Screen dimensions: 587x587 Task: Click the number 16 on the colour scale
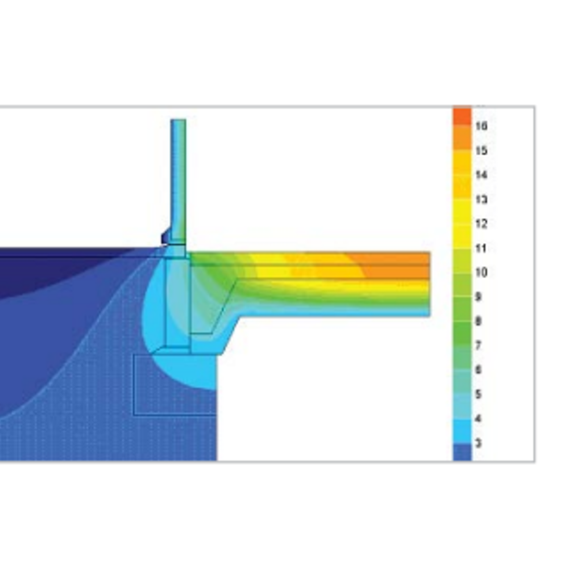pos(482,127)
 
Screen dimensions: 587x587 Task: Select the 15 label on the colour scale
pos(482,150)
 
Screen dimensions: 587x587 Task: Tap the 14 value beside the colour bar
pos(482,175)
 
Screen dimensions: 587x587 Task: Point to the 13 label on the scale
pos(482,200)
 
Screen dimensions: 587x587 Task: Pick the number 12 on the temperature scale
pos(482,224)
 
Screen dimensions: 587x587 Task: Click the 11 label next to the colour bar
pos(481,249)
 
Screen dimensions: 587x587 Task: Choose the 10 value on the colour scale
pos(482,272)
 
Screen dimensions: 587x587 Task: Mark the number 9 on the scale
pos(478,297)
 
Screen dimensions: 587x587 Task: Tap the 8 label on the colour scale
pos(478,321)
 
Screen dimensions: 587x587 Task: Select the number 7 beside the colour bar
pos(478,346)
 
